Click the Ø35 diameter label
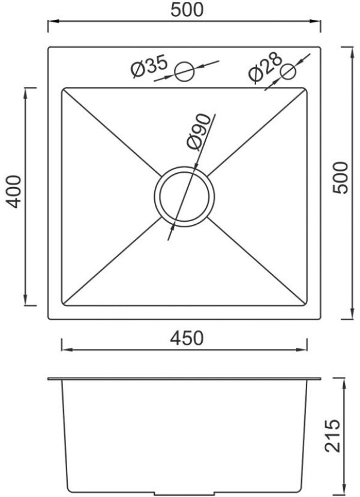(149, 65)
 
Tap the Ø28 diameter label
(265, 67)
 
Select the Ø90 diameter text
(199, 132)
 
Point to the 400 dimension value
(14, 191)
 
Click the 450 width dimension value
(186, 338)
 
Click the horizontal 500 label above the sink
(187, 10)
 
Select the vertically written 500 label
(340, 177)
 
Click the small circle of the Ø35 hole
(184, 71)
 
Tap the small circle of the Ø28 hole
(288, 71)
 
